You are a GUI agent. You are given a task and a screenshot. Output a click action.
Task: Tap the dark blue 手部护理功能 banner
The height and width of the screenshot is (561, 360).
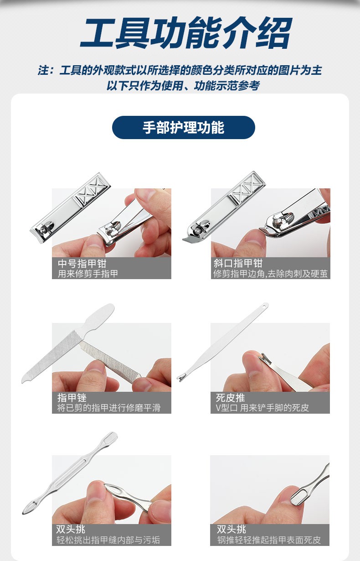pyautogui.click(x=183, y=127)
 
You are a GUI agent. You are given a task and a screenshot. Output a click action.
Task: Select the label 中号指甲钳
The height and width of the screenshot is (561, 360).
pyautogui.click(x=82, y=264)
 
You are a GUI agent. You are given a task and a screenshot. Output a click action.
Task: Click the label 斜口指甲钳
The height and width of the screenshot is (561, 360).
pyautogui.click(x=238, y=264)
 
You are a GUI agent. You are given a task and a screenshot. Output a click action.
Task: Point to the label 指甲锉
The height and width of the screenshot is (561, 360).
pyautogui.click(x=72, y=398)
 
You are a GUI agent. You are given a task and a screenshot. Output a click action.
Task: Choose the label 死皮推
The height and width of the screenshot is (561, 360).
pyautogui.click(x=230, y=398)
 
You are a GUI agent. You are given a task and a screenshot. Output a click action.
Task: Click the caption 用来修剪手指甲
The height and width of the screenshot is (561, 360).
pyautogui.click(x=88, y=274)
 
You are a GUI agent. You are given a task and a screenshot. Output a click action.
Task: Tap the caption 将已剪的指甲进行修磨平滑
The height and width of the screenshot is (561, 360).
pyautogui.click(x=108, y=408)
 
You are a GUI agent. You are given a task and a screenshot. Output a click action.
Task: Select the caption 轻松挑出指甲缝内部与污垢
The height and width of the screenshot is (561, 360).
pyautogui.click(x=108, y=540)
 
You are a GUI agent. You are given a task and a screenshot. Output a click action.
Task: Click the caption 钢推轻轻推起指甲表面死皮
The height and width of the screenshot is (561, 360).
pyautogui.click(x=269, y=540)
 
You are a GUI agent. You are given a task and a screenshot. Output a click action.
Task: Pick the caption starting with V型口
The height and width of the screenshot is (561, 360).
pyautogui.click(x=262, y=408)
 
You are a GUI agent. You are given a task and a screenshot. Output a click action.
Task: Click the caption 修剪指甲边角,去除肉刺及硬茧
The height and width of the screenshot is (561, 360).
pyautogui.click(x=270, y=274)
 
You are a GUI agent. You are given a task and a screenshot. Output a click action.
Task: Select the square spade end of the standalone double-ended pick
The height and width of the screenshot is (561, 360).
pyautogui.click(x=112, y=437)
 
